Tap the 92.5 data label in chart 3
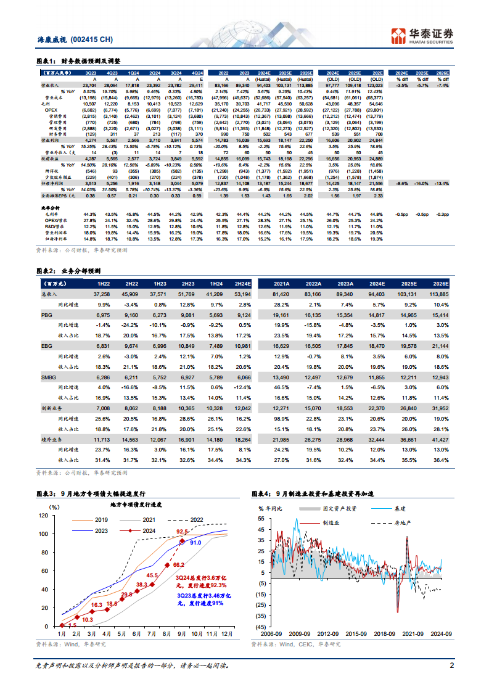182,531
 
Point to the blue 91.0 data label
195,543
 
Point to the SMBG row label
49,376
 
